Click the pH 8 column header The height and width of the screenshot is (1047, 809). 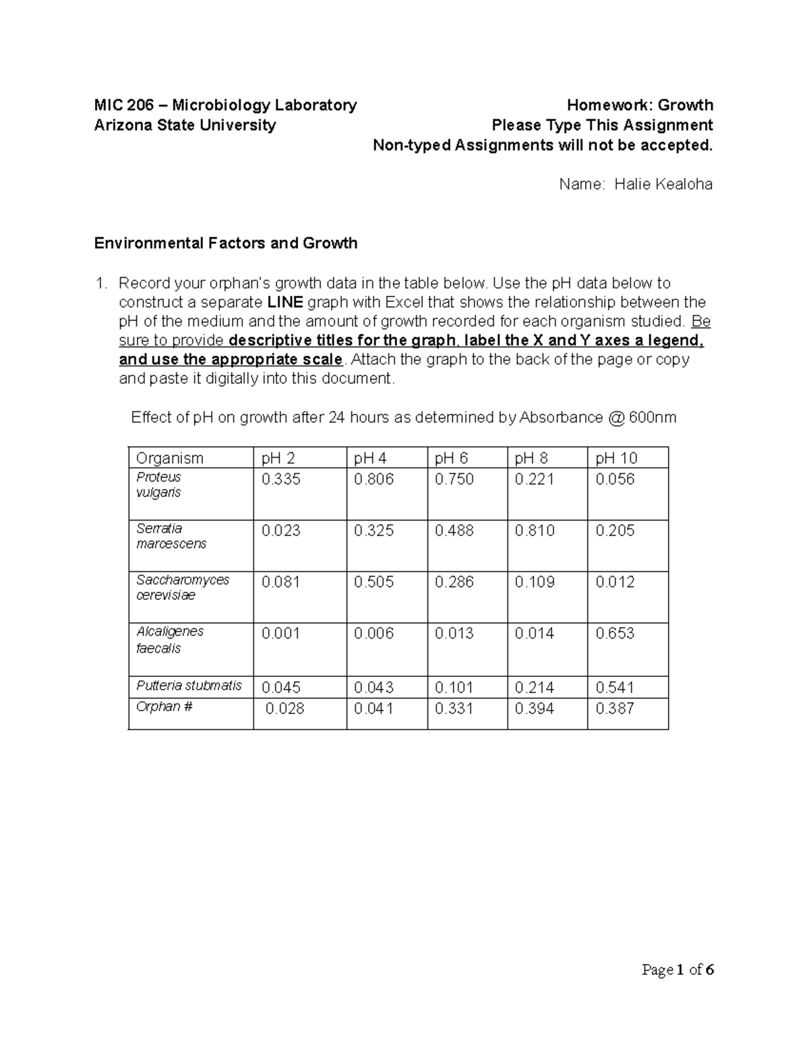(531, 458)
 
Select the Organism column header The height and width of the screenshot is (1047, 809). (169, 458)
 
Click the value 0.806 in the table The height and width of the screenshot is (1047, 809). (373, 479)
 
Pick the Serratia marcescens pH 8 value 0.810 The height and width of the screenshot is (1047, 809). (535, 531)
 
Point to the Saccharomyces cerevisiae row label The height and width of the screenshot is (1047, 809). (182, 587)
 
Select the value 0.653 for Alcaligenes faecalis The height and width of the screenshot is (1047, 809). (615, 633)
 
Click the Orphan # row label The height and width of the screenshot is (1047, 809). (164, 707)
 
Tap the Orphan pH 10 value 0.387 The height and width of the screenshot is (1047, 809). (615, 709)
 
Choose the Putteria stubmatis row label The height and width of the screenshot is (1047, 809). (189, 686)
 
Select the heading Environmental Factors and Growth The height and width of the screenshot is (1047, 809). (225, 243)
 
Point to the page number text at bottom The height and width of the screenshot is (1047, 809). (678, 970)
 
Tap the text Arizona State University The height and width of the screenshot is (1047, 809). (185, 125)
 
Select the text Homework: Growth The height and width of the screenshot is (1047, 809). (640, 105)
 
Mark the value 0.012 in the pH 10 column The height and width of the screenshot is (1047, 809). (615, 582)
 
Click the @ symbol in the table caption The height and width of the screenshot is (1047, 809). (616, 418)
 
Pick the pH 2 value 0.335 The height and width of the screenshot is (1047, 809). (281, 479)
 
